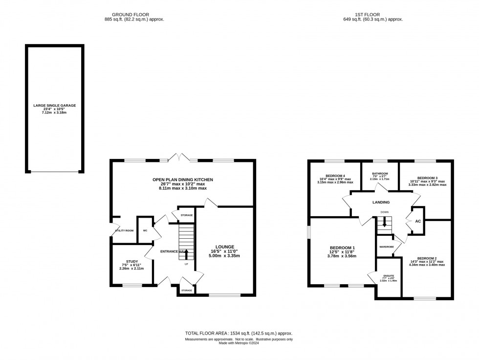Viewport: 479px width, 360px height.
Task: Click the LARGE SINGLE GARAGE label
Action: (54, 105)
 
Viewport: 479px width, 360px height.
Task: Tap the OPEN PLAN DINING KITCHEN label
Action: (182, 180)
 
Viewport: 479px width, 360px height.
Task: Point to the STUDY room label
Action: (131, 262)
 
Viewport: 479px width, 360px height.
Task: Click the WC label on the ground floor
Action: (145, 230)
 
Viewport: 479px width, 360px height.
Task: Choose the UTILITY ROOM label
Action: (124, 230)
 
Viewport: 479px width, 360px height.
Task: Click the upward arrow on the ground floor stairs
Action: (186, 253)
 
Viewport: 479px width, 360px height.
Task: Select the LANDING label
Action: (381, 202)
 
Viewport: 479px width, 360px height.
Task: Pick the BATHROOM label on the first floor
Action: (380, 174)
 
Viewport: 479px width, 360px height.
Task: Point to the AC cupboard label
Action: (417, 221)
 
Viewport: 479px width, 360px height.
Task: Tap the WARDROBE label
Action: (387, 247)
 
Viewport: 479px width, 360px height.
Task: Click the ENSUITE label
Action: (389, 276)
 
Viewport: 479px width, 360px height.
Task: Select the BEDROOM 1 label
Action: (341, 247)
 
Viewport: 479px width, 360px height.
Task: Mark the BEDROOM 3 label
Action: (427, 179)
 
